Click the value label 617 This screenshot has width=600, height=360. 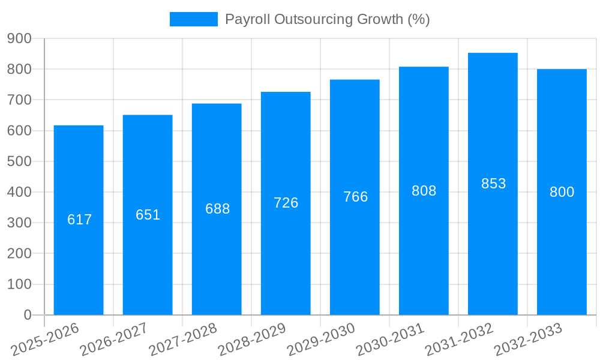[x=80, y=220]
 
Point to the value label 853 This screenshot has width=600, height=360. [x=493, y=184]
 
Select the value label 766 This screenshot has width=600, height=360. [x=355, y=197]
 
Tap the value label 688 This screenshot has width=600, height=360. [x=217, y=209]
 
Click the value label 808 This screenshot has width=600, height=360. [x=424, y=191]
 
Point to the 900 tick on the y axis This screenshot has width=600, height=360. [x=19, y=38]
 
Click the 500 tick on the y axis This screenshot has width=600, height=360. [x=19, y=161]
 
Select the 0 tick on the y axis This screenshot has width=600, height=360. [x=27, y=315]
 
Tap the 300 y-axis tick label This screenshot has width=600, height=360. [x=19, y=223]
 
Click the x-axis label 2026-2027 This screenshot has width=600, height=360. [x=113, y=339]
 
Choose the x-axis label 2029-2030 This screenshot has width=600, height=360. [x=320, y=339]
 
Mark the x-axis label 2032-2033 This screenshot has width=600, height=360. [x=527, y=339]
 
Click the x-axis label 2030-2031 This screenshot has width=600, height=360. [x=389, y=339]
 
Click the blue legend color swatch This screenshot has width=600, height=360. [x=193, y=19]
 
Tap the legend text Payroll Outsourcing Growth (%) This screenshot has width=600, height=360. [x=327, y=19]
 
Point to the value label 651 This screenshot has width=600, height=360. [x=148, y=215]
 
